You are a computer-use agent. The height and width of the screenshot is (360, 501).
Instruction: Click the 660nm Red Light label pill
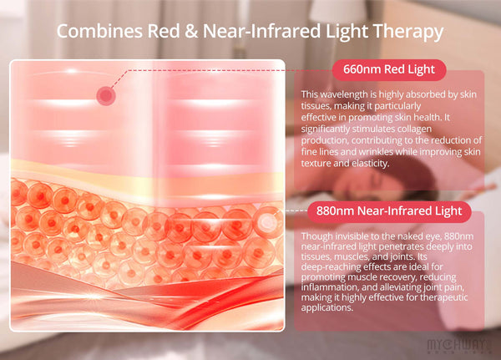[389, 68]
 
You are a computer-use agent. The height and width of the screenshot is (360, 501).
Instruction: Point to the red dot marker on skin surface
[105, 96]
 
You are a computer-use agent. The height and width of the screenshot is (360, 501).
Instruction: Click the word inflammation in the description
[334, 284]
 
